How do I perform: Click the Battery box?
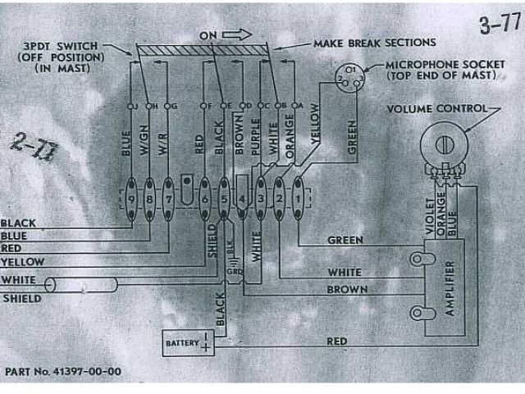[x=188, y=342]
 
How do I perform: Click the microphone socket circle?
[x=349, y=76]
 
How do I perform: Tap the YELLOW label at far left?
[x=22, y=261]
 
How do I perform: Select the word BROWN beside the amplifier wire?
[x=347, y=289]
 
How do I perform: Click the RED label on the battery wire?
[x=337, y=341]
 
